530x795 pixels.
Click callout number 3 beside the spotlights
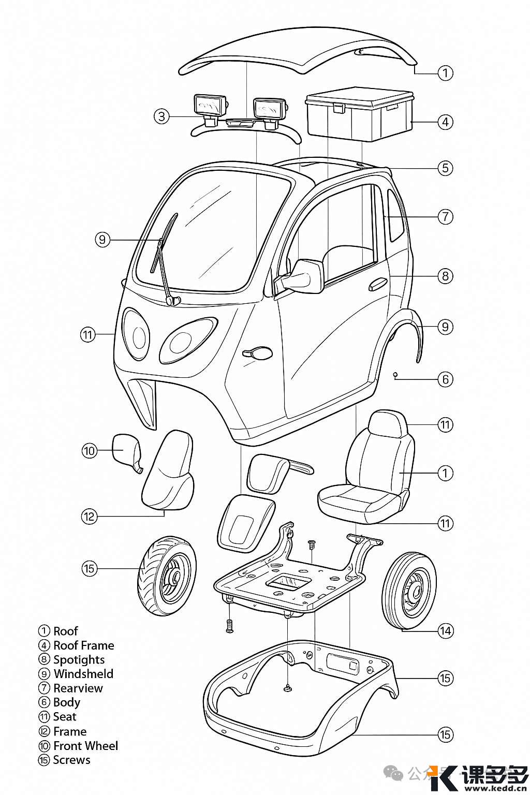point(161,116)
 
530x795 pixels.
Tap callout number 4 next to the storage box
point(445,122)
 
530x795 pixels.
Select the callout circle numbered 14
point(445,631)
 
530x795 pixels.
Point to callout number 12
point(89,517)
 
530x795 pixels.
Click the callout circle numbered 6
point(445,379)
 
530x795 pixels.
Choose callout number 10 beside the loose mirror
point(89,451)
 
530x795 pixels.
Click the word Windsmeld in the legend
point(83,674)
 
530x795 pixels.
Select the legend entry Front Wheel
point(85,746)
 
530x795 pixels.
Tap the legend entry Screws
point(71,760)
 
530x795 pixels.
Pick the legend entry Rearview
point(78,688)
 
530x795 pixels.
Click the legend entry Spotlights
point(79,659)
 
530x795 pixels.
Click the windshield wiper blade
point(164,243)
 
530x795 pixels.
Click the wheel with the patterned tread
point(167,576)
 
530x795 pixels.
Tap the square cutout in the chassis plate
point(286,582)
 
